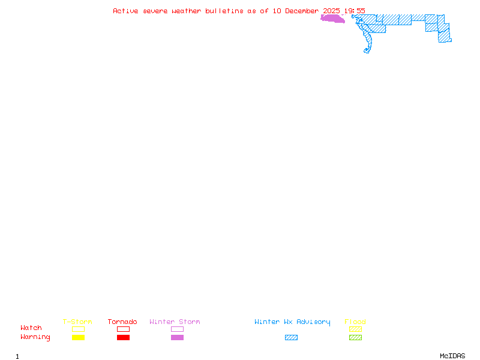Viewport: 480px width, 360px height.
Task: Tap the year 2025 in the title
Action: point(332,11)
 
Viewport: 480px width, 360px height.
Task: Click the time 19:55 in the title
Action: point(355,11)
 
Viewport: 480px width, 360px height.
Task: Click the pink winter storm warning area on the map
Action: point(332,19)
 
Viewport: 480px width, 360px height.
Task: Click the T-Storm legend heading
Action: point(77,322)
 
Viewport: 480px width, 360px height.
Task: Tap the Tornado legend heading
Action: point(122,322)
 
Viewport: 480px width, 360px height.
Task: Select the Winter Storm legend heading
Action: point(175,322)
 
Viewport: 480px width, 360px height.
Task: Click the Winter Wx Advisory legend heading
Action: point(292,322)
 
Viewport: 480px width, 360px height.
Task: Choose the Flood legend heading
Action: point(355,322)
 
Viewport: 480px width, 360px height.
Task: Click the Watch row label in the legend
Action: point(31,328)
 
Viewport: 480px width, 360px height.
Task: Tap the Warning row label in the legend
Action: point(35,337)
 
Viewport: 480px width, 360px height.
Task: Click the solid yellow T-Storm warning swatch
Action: point(78,338)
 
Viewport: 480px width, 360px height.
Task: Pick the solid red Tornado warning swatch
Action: point(123,338)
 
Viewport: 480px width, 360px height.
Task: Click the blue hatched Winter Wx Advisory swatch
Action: point(291,338)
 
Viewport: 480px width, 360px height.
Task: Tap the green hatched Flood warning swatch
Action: point(355,338)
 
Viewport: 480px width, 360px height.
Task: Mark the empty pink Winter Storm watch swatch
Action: point(177,329)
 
